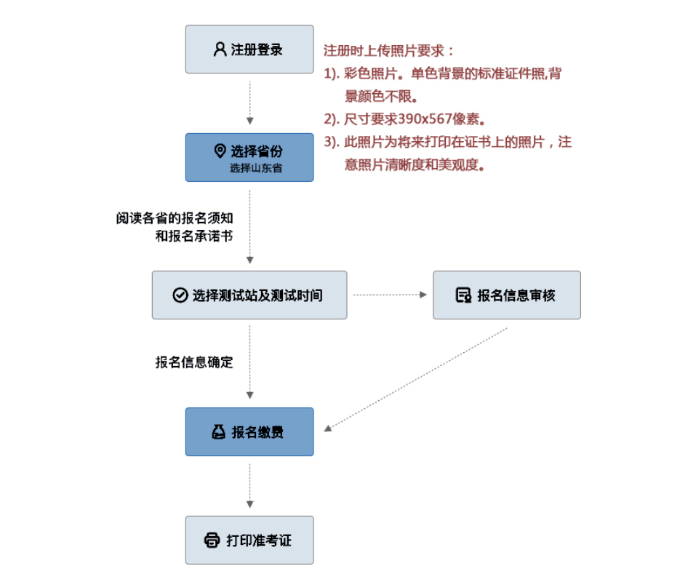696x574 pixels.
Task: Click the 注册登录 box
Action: point(249,49)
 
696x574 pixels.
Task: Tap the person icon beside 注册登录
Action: point(220,49)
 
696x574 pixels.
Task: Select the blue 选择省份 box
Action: point(249,157)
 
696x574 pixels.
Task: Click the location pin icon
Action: point(220,151)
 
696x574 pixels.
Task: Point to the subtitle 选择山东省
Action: point(256,168)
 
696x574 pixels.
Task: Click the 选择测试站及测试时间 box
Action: point(249,295)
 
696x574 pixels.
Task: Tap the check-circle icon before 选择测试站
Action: point(180,295)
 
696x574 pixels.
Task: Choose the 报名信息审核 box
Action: point(507,295)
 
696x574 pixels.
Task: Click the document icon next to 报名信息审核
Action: point(463,295)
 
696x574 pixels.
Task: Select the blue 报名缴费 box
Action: point(249,431)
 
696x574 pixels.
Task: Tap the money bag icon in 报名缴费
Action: point(218,431)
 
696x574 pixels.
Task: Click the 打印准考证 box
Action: point(249,540)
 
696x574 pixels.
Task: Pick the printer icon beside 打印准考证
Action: point(212,540)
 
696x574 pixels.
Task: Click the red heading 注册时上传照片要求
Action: point(388,51)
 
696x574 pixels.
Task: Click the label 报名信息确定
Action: point(194,362)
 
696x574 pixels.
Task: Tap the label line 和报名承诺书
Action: point(194,236)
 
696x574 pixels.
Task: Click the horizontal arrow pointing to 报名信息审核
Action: point(390,295)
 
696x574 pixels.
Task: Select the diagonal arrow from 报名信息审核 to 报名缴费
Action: point(416,380)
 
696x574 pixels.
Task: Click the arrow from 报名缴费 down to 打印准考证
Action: point(250,486)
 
